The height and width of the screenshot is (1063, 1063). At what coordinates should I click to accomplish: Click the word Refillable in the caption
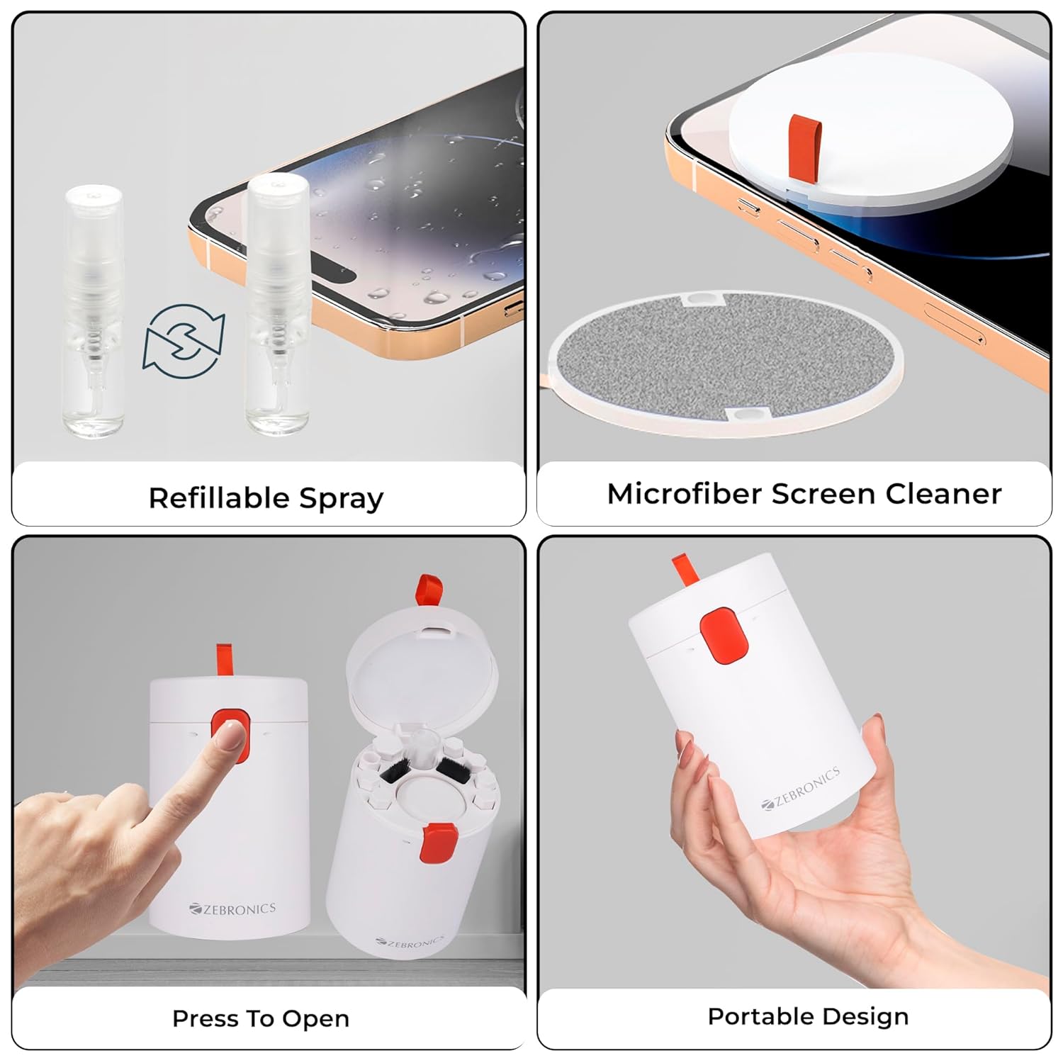(218, 497)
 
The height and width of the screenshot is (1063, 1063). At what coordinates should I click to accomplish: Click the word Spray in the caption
(341, 499)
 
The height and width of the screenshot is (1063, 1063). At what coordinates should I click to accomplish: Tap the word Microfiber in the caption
(684, 493)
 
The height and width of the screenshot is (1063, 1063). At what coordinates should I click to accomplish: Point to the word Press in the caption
(204, 1018)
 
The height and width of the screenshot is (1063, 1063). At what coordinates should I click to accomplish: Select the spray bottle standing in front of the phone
(277, 305)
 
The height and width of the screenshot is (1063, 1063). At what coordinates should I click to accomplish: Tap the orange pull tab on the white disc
(804, 145)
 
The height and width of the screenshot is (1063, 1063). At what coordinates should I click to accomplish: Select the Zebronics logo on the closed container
(232, 909)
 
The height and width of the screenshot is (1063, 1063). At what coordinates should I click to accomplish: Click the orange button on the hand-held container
(724, 636)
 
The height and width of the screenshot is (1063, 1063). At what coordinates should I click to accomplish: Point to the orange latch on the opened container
(437, 843)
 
